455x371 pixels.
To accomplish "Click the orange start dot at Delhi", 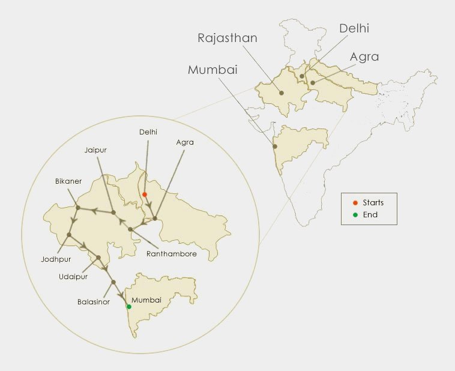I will click(145, 195).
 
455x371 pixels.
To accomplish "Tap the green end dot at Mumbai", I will click(128, 307).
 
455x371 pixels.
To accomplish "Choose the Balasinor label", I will click(93, 302).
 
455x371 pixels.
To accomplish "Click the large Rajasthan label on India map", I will click(227, 38).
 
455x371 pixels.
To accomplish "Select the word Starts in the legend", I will click(373, 203).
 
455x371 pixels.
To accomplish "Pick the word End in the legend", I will click(370, 214).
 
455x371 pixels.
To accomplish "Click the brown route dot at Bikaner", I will click(77, 208).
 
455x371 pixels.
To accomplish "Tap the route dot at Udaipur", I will click(98, 258).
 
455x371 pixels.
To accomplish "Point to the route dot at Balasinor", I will click(113, 282).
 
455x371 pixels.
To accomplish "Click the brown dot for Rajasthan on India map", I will click(281, 92).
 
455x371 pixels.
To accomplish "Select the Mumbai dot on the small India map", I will click(275, 146).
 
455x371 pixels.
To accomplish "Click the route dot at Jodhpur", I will click(70, 235).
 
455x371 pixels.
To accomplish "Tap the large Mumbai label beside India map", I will click(212, 70).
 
